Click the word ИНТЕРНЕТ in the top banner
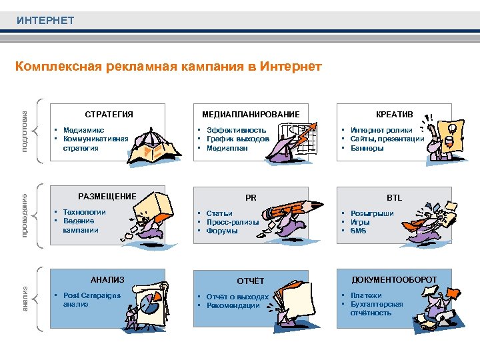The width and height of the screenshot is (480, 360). click(45, 21)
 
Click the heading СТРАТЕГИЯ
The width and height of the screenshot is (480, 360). click(109, 114)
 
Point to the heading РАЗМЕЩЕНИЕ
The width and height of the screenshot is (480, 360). click(107, 196)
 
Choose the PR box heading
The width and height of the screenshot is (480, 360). click(251, 197)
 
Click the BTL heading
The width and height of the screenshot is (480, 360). click(394, 197)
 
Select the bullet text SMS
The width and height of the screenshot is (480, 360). click(358, 231)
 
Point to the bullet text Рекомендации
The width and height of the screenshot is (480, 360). click(233, 305)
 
